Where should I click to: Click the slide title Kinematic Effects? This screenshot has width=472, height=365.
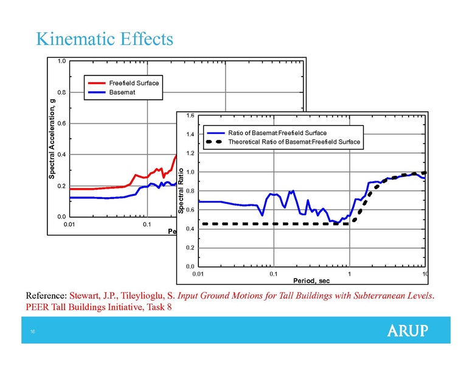(105, 40)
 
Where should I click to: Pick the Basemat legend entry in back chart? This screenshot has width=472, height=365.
(122, 92)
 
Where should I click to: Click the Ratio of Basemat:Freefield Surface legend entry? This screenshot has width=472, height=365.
(277, 133)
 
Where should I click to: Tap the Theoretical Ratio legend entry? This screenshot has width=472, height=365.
(294, 142)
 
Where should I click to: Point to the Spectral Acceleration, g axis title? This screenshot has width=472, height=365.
(52, 138)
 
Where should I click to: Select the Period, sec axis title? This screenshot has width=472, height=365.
(311, 281)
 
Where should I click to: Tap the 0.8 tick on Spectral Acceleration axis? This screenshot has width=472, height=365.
(61, 92)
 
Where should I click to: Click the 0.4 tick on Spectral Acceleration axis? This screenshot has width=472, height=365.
(61, 155)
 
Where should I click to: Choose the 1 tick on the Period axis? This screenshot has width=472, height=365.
(350, 274)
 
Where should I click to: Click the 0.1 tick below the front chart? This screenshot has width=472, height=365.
(273, 274)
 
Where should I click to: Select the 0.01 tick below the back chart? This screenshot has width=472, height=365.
(71, 224)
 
